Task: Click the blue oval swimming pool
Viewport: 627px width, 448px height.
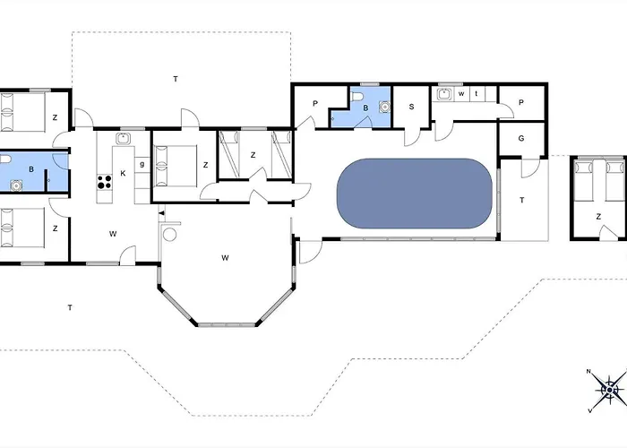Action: click(x=415, y=194)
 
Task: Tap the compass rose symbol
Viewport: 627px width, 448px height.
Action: click(x=609, y=390)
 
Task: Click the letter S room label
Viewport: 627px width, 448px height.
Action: click(x=411, y=107)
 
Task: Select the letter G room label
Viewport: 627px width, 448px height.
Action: click(x=521, y=138)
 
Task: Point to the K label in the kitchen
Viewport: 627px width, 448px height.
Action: click(x=124, y=173)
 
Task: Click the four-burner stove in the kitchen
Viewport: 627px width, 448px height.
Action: click(x=105, y=182)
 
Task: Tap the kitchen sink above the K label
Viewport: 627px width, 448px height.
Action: click(x=124, y=138)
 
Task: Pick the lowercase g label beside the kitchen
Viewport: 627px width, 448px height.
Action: click(x=142, y=164)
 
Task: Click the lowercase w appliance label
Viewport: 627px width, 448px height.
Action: click(x=461, y=94)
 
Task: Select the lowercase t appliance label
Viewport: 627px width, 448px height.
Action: click(x=477, y=93)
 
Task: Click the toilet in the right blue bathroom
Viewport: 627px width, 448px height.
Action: click(x=357, y=96)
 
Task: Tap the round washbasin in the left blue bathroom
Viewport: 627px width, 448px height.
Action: click(x=16, y=185)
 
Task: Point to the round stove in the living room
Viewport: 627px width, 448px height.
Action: click(x=170, y=235)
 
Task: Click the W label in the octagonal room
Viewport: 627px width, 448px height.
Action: click(x=225, y=258)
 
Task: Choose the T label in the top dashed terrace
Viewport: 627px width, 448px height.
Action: click(x=176, y=79)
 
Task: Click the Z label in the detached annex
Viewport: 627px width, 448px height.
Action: click(x=598, y=217)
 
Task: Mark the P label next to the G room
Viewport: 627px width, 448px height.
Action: click(x=521, y=103)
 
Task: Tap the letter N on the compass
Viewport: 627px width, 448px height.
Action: click(x=588, y=372)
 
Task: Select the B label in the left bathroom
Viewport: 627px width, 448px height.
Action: click(x=31, y=169)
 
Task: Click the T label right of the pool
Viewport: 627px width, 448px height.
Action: click(x=522, y=200)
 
